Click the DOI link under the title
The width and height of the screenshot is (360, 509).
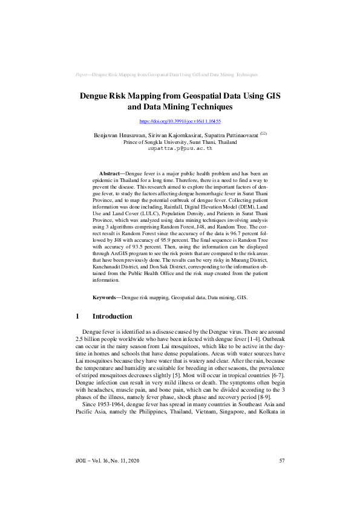(180, 122)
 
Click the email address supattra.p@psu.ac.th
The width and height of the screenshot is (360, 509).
(180, 148)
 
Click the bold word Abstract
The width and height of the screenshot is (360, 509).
(110, 173)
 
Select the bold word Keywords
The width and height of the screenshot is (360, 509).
(105, 297)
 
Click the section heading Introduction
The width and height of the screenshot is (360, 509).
(112, 316)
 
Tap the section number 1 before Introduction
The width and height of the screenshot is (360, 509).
(78, 316)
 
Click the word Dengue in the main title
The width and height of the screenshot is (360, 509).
(96, 96)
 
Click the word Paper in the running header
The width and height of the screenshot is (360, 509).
(82, 74)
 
